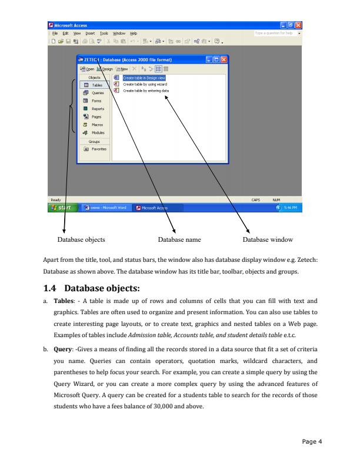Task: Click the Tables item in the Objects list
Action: (x=94, y=85)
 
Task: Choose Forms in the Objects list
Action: (x=94, y=101)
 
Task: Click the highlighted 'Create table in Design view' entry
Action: (x=144, y=78)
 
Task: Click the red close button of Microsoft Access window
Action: (x=304, y=25)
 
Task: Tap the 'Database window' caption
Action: (x=268, y=239)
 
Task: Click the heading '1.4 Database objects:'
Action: (x=99, y=288)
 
